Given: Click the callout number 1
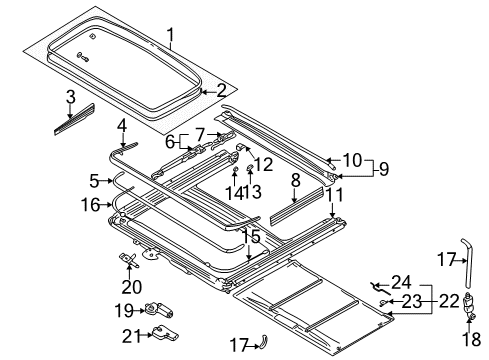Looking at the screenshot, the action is click(x=170, y=39).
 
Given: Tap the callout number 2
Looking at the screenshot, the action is click(x=221, y=91).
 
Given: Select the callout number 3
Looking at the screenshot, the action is click(x=70, y=97).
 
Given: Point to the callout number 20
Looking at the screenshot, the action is click(x=131, y=287).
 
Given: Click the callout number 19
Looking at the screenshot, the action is click(x=124, y=311).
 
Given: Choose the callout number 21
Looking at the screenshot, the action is click(x=131, y=336).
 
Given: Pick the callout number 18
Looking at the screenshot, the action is click(x=471, y=340).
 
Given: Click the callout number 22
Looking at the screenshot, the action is click(x=449, y=302).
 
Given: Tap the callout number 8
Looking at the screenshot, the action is click(x=296, y=180).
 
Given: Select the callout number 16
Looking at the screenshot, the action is click(x=90, y=204).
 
